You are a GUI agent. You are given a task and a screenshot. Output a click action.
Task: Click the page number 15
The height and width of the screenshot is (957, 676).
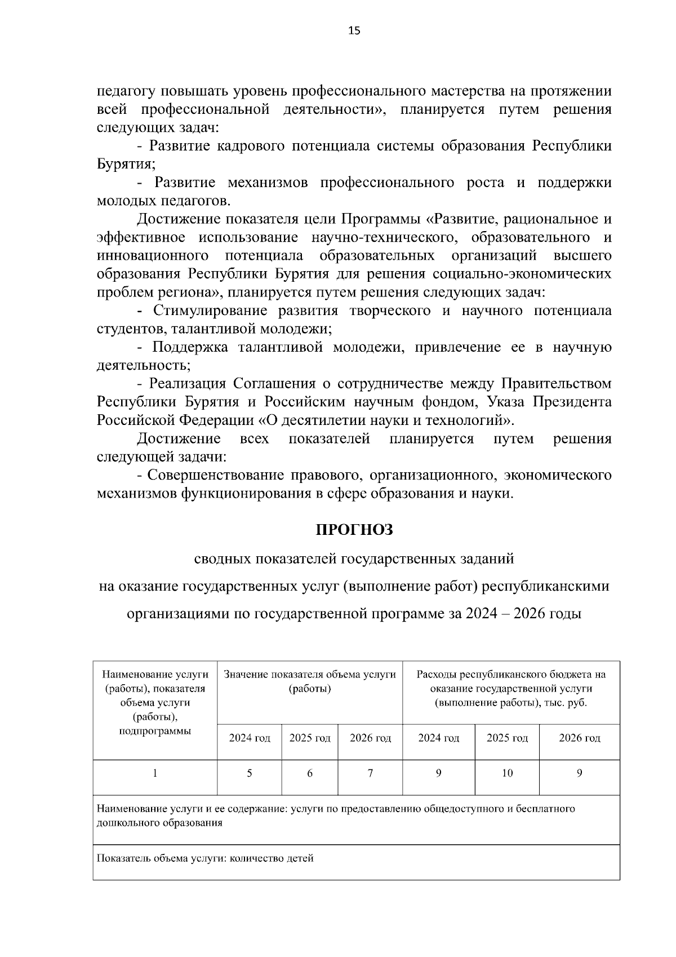coord(354,31)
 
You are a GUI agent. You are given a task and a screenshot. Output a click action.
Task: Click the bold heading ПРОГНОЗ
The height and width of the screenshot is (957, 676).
coord(354,530)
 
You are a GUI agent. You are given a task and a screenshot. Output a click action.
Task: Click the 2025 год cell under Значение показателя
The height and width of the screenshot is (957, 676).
coord(310,738)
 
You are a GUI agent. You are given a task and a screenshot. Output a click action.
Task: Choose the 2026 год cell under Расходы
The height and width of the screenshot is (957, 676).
coord(579,738)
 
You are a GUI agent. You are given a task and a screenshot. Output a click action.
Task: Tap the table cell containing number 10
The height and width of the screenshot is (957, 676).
coord(507,774)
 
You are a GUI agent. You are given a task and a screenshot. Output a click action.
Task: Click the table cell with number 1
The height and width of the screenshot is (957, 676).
coord(155,774)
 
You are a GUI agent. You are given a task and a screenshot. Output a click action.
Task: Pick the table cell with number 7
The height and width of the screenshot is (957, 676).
coord(370,774)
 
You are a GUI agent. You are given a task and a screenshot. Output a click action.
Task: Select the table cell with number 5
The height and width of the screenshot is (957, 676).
coord(249,774)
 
